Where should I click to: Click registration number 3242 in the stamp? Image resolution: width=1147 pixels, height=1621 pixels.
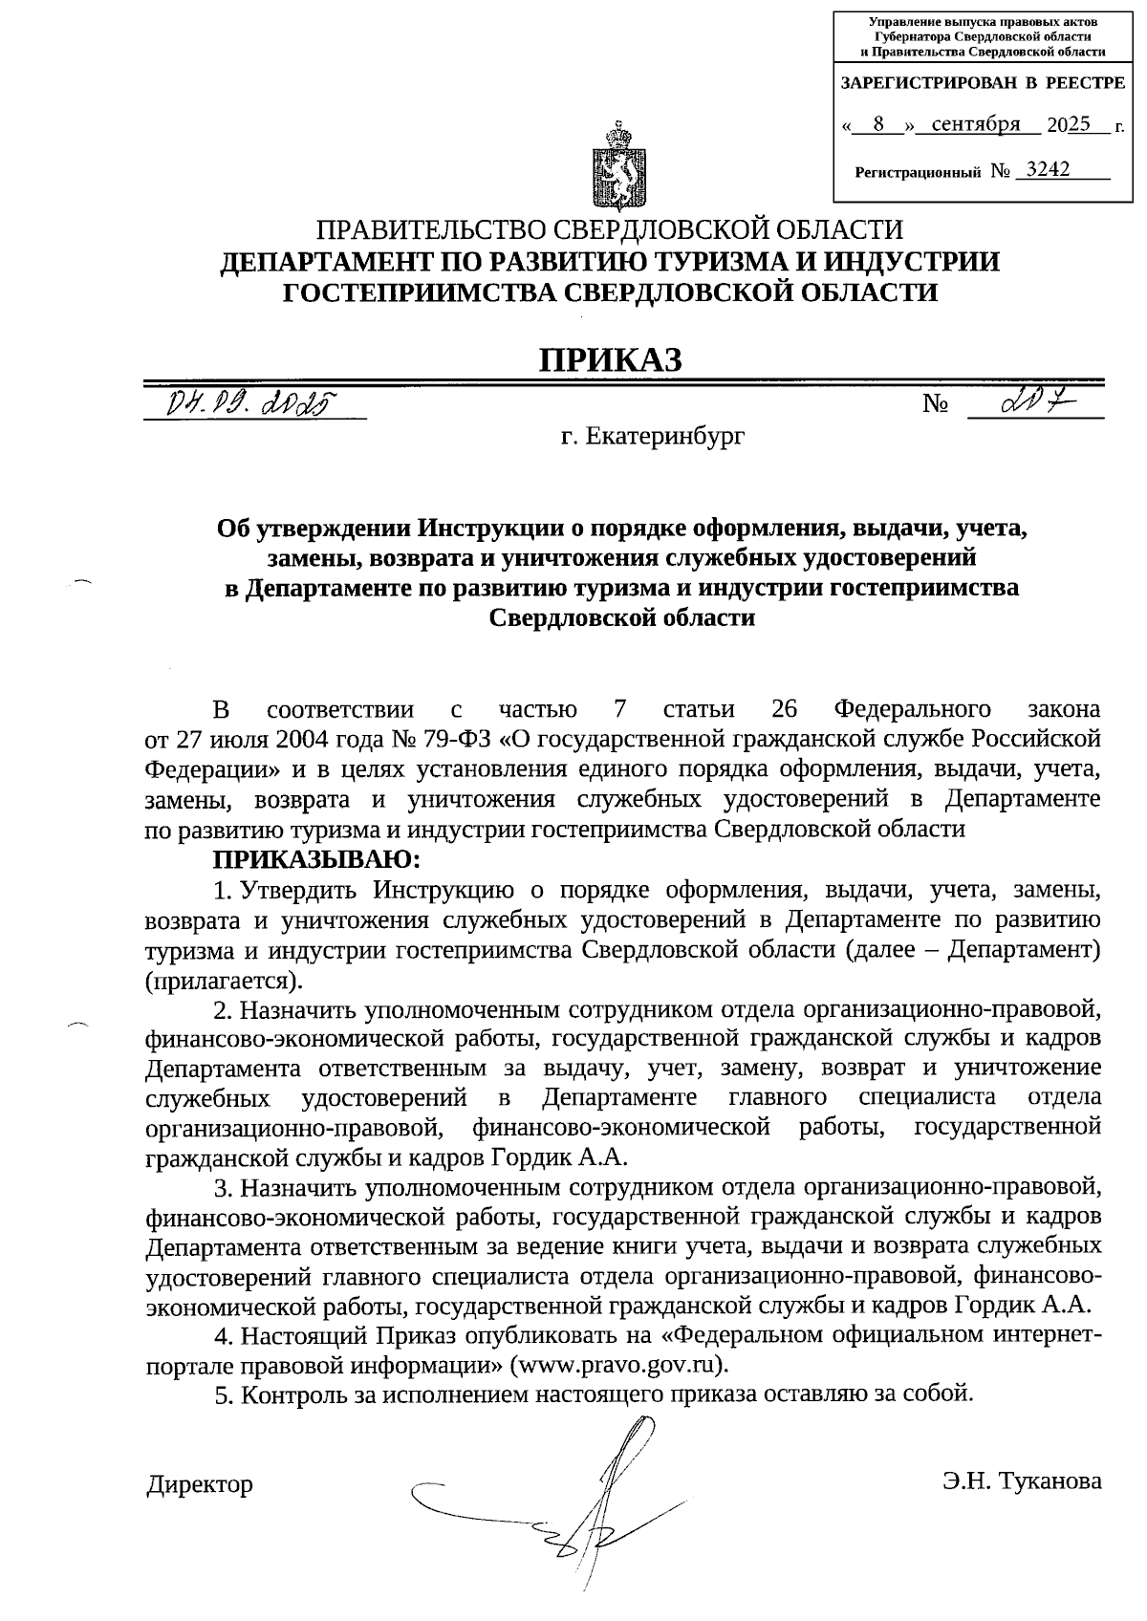[1046, 170]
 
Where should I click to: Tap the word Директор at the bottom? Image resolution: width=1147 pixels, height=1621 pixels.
[200, 1484]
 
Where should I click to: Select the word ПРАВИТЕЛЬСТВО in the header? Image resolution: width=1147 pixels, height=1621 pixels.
[433, 230]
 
